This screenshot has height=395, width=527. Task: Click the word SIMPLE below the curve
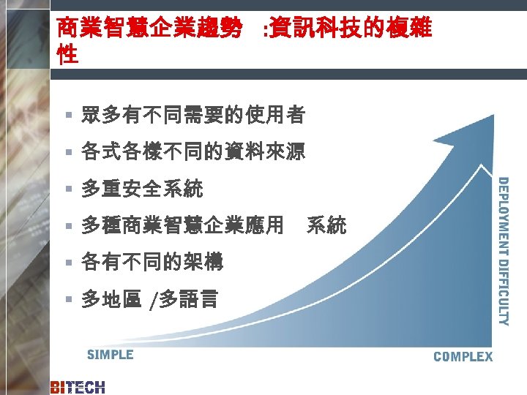[x=110, y=355]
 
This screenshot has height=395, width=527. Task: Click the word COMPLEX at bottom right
[x=463, y=356]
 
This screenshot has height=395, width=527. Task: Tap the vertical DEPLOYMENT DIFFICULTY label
[x=504, y=251]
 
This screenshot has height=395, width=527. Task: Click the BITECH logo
[x=78, y=387]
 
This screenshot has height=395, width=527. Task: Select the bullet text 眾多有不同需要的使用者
[x=193, y=114]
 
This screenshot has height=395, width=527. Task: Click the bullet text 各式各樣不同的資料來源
[x=193, y=152]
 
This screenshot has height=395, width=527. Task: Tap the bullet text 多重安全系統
[x=142, y=189]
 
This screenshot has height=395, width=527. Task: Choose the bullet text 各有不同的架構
[x=152, y=261]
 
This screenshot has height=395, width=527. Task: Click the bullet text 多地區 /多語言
[x=149, y=299]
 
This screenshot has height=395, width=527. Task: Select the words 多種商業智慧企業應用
[x=182, y=225]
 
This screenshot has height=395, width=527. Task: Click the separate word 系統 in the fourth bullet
[x=326, y=225]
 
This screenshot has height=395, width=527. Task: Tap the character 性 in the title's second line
[x=67, y=55]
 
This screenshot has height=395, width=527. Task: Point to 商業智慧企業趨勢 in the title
[x=150, y=29]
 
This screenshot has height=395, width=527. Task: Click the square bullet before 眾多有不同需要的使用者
[x=67, y=115]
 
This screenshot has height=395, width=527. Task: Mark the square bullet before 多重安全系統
[x=67, y=190]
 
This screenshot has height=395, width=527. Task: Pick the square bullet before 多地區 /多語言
[x=67, y=299]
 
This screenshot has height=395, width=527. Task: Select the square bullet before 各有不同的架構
[x=67, y=262]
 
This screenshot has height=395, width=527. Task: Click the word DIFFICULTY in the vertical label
[x=504, y=289]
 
